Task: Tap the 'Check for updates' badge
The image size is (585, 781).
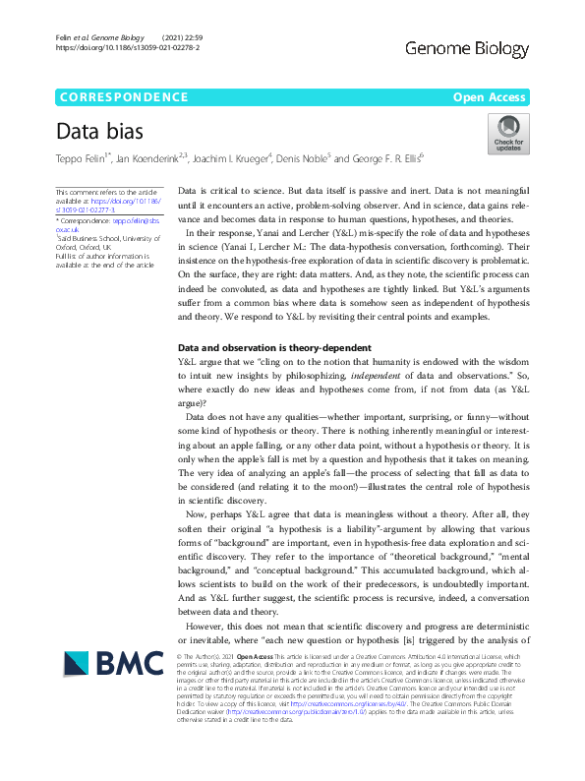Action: [x=507, y=133]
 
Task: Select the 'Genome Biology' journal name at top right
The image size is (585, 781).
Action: [x=467, y=46]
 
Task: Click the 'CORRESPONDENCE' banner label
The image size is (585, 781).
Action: [x=124, y=96]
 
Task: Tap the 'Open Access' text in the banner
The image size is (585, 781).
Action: [x=491, y=96]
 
